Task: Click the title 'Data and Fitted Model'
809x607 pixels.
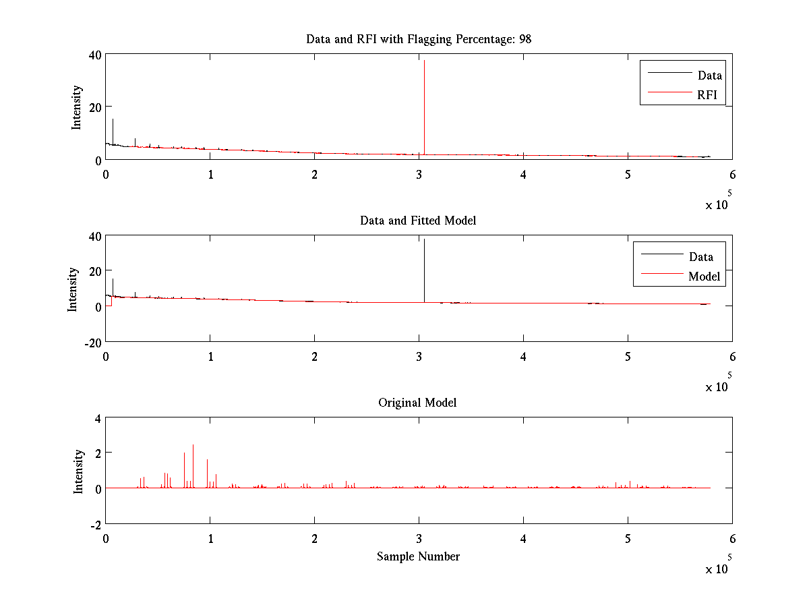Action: pyautogui.click(x=418, y=221)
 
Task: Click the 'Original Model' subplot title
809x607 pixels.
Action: pyautogui.click(x=417, y=403)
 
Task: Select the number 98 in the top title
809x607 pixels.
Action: pyautogui.click(x=525, y=39)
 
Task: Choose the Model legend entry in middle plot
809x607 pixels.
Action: pyautogui.click(x=704, y=277)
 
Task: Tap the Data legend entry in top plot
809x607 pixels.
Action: pyautogui.click(x=709, y=76)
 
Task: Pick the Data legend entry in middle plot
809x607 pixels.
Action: pyautogui.click(x=700, y=257)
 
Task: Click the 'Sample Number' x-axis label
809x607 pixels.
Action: pyautogui.click(x=418, y=556)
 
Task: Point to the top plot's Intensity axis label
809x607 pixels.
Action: pyautogui.click(x=77, y=107)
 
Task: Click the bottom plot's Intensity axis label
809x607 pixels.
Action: pyautogui.click(x=78, y=471)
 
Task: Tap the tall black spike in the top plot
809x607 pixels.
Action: pyautogui.click(x=424, y=101)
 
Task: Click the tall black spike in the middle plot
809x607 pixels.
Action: pyautogui.click(x=424, y=270)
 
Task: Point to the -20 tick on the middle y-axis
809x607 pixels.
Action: pyautogui.click(x=92, y=342)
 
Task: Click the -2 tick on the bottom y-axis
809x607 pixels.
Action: pyautogui.click(x=96, y=524)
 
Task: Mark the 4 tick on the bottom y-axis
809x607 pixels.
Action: pyautogui.click(x=97, y=417)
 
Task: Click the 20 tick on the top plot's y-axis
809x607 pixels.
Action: pyautogui.click(x=93, y=107)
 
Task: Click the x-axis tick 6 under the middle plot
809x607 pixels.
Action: pyautogui.click(x=732, y=357)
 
